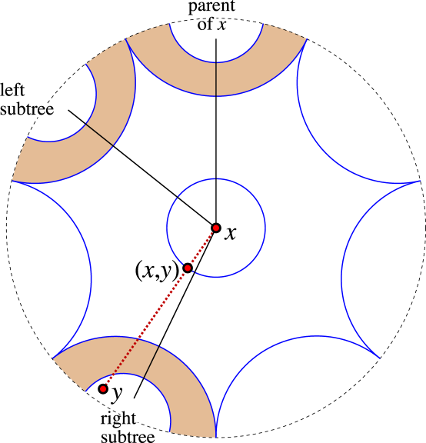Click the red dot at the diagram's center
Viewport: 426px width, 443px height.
click(216, 228)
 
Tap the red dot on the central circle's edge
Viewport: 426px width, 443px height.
click(188, 268)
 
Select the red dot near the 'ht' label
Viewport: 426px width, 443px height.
click(103, 388)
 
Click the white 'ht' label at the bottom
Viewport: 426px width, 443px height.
click(128, 419)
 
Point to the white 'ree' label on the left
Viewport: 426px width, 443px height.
click(42, 110)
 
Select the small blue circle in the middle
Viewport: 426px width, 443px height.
click(265, 228)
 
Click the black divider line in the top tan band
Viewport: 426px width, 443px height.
click(216, 79)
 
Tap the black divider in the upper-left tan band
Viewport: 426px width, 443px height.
click(99, 135)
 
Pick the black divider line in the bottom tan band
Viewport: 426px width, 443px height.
click(151, 362)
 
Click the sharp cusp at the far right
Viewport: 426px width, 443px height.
click(420, 182)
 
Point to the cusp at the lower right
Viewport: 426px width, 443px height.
click(378, 358)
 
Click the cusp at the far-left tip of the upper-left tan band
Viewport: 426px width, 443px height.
click(13, 180)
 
